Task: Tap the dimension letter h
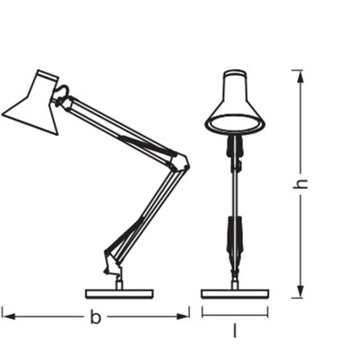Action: (x=303, y=183)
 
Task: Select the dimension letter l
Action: (x=234, y=331)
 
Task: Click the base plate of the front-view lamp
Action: (x=234, y=292)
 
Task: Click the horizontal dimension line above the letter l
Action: (x=234, y=313)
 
